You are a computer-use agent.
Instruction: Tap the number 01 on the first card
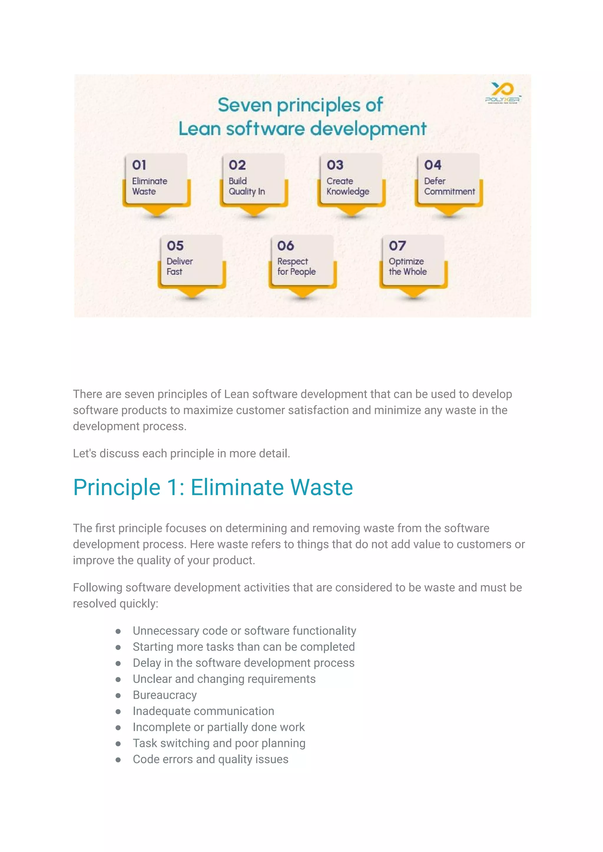(x=139, y=165)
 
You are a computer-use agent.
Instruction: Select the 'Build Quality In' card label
(x=246, y=186)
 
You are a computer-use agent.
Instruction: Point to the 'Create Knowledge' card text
(x=347, y=186)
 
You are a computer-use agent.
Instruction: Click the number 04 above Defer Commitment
(x=433, y=165)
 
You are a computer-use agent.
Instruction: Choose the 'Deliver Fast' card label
(x=179, y=266)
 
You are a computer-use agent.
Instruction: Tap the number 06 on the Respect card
(x=286, y=246)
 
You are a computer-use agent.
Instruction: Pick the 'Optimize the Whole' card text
(x=407, y=266)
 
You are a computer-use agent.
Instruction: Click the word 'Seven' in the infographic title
(x=245, y=105)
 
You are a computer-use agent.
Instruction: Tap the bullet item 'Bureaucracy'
(x=165, y=695)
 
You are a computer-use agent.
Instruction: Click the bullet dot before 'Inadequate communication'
(x=118, y=712)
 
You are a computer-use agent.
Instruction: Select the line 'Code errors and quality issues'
(x=211, y=759)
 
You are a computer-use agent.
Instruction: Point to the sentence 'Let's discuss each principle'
(x=181, y=454)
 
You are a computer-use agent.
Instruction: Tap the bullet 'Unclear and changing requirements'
(x=224, y=679)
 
